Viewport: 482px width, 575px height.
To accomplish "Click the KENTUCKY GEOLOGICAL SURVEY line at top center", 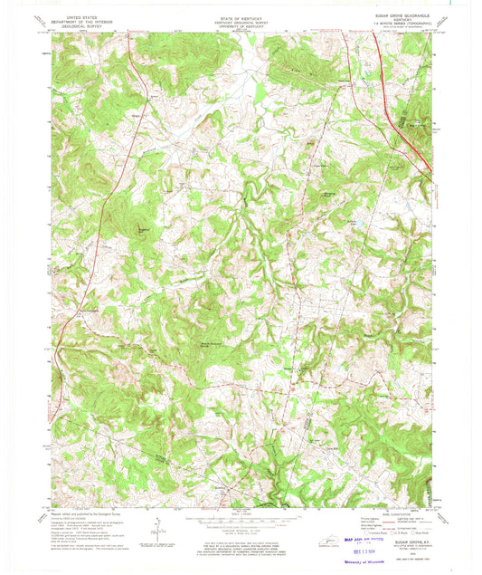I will tap(241, 21).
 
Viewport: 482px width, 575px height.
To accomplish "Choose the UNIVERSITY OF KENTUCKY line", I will tap(241, 25).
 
